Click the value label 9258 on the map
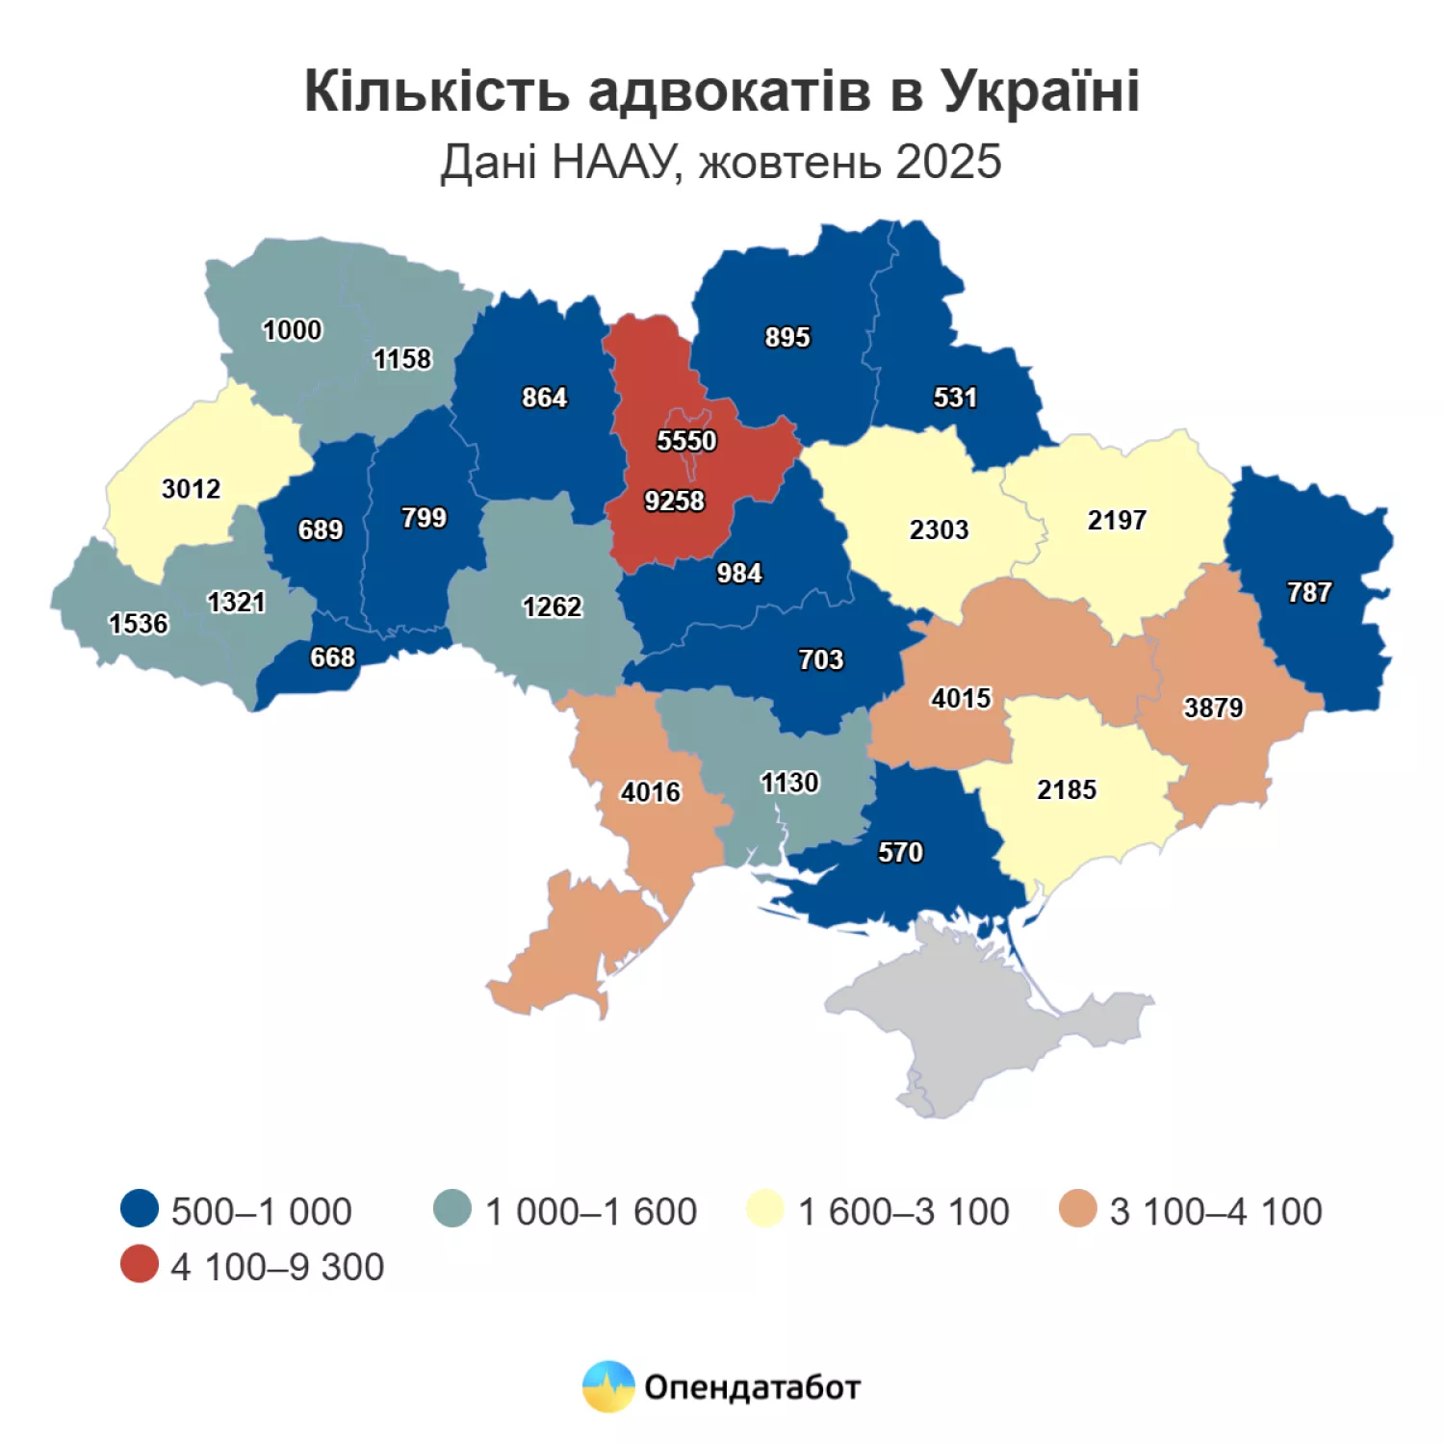[674, 501]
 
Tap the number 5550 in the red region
[686, 441]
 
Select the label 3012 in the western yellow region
[191, 489]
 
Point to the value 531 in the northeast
[955, 398]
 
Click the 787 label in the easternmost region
[1309, 592]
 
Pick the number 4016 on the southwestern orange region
[650, 792]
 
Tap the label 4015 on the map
[961, 698]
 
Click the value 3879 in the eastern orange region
[1213, 708]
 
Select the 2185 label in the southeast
[1067, 789]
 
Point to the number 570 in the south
[900, 852]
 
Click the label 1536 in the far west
[138, 624]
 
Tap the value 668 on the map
[332, 658]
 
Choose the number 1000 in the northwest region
[292, 330]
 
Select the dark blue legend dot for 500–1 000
[140, 1209]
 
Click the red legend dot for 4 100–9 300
[140, 1265]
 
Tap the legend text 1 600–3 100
[903, 1211]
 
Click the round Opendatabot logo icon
[608, 1386]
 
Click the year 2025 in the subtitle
[948, 162]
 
